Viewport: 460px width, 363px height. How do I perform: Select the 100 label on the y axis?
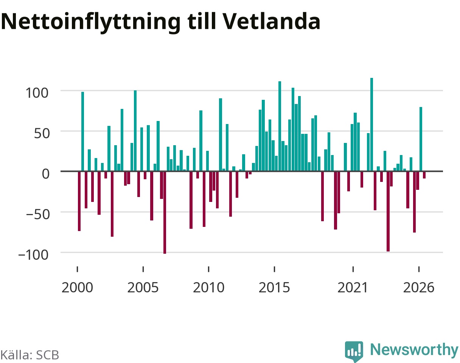pyautogui.click(x=37, y=93)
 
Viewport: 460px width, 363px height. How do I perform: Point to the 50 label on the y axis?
pyautogui.click(x=42, y=133)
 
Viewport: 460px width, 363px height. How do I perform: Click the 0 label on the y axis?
pyautogui.click(x=46, y=174)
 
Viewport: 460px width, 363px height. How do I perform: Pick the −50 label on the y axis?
pyautogui.click(x=38, y=214)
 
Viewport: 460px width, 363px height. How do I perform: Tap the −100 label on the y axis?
pyautogui.click(x=33, y=255)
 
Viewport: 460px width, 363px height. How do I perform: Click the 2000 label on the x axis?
pyautogui.click(x=77, y=288)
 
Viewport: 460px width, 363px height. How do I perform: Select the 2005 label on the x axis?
pyautogui.click(x=143, y=288)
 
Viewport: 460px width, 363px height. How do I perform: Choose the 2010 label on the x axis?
pyautogui.click(x=208, y=288)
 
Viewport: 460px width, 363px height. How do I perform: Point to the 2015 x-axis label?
pyautogui.click(x=274, y=288)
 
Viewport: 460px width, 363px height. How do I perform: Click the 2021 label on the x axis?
pyautogui.click(x=353, y=288)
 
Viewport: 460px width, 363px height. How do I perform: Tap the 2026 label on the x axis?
pyautogui.click(x=419, y=288)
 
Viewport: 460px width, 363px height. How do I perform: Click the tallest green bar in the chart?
pyautogui.click(x=372, y=124)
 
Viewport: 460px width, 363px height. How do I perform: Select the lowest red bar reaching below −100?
pyautogui.click(x=165, y=213)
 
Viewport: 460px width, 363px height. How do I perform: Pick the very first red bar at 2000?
pyautogui.click(x=79, y=201)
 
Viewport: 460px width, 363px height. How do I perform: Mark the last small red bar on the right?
pyautogui.click(x=424, y=175)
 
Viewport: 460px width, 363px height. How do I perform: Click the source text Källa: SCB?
pyautogui.click(x=30, y=355)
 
